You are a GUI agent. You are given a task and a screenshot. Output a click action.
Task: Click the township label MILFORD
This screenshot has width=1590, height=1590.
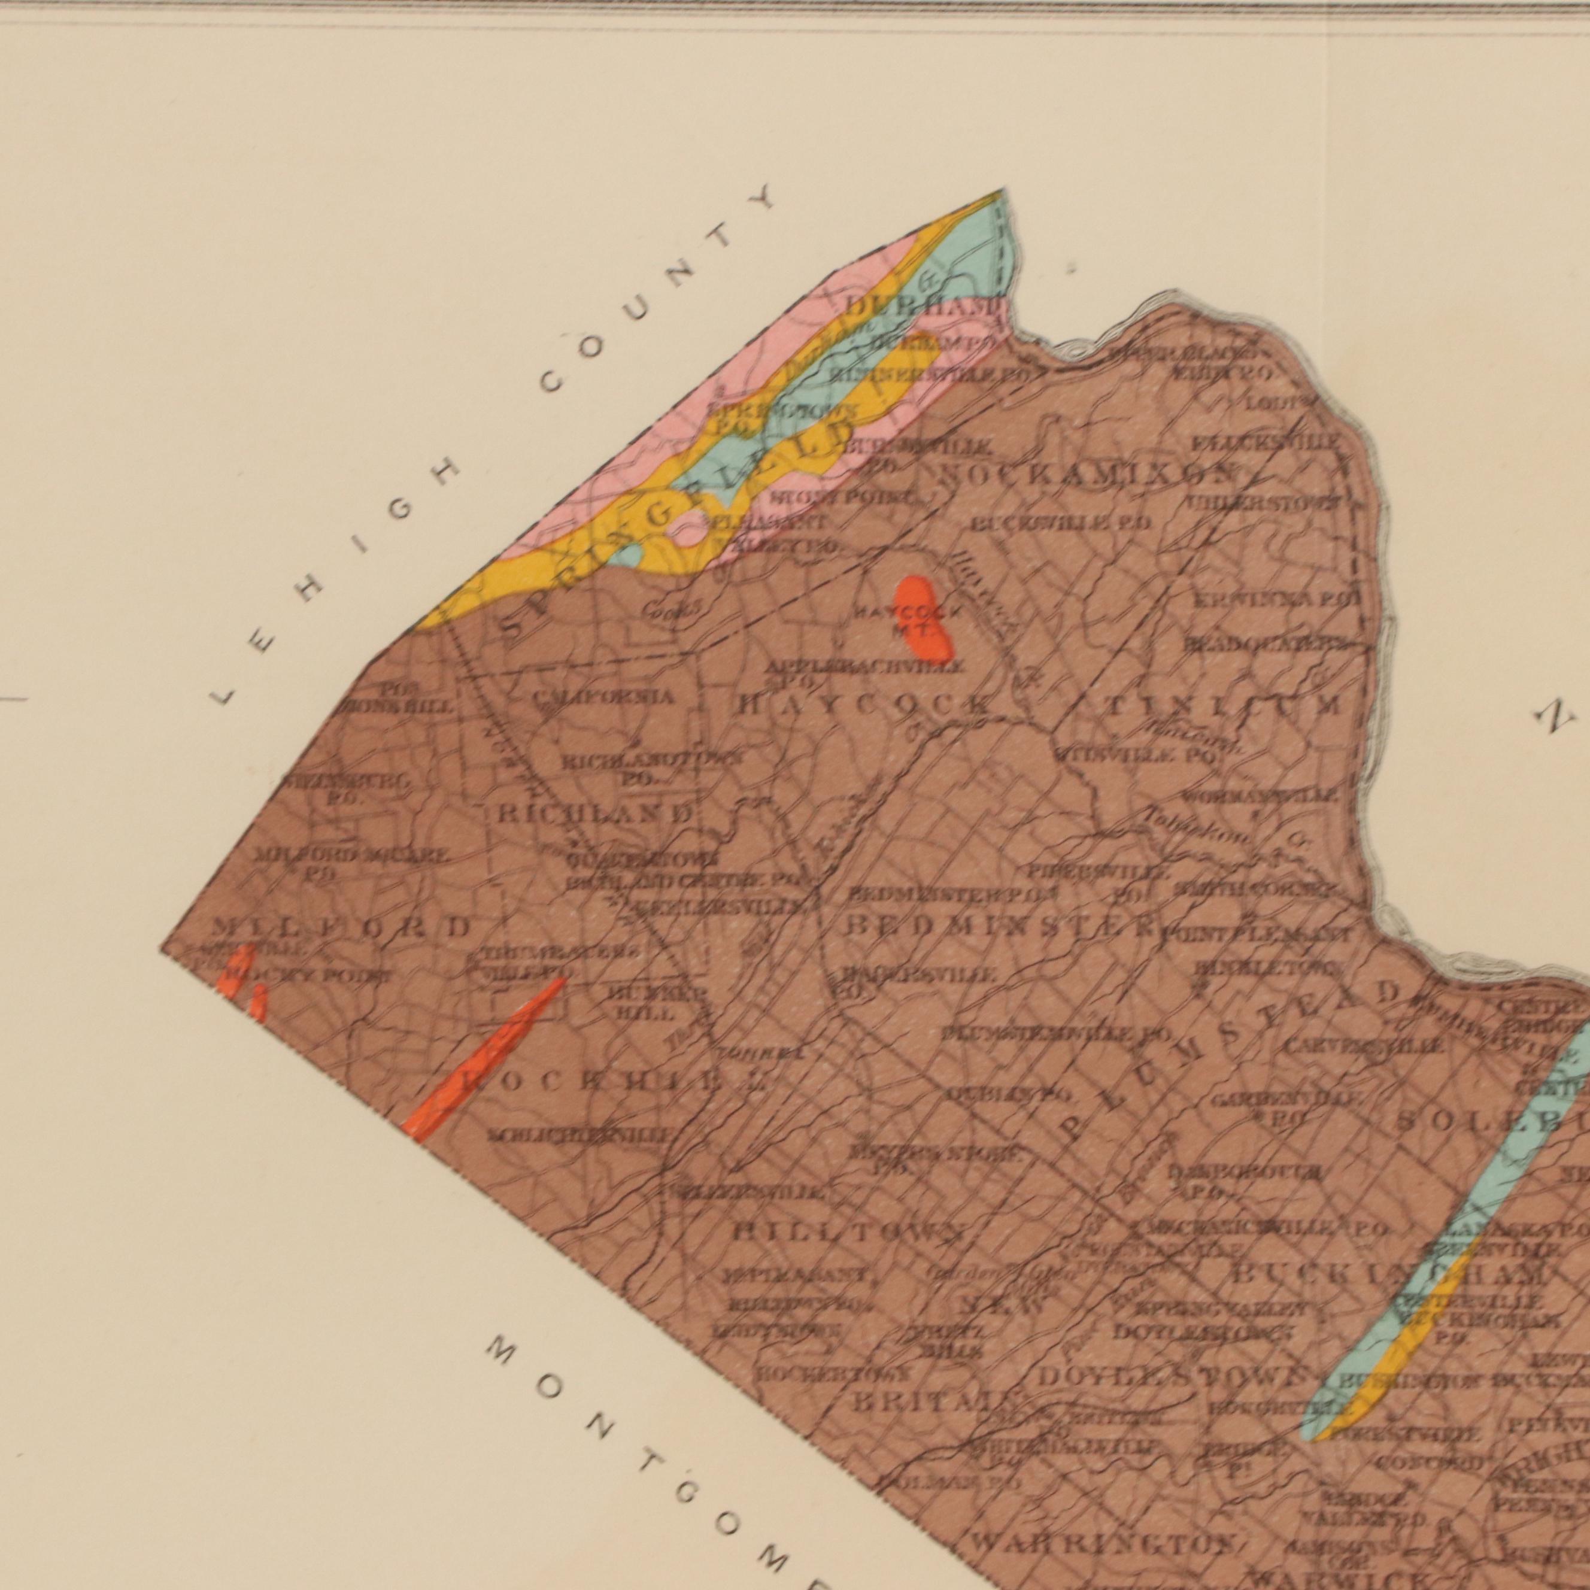pos(340,927)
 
